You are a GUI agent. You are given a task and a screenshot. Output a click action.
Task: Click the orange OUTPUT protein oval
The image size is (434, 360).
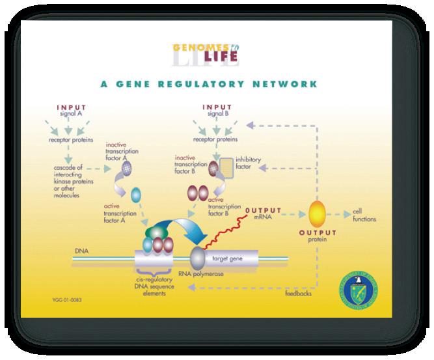318,214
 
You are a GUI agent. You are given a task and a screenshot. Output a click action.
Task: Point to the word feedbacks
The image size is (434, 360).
299,294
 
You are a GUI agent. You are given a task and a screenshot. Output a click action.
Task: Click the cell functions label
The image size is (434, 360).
363,215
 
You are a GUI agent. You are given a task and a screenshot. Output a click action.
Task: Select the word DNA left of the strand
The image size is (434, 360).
81,250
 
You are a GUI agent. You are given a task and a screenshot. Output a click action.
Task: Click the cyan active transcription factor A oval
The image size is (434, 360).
137,194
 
